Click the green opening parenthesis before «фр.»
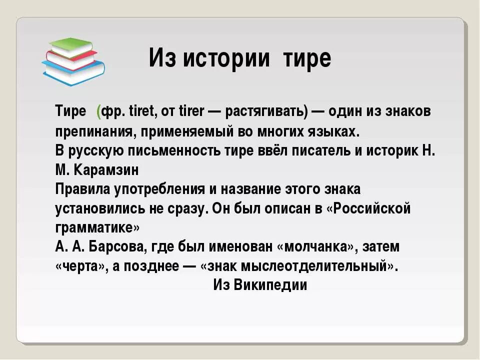(99, 112)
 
